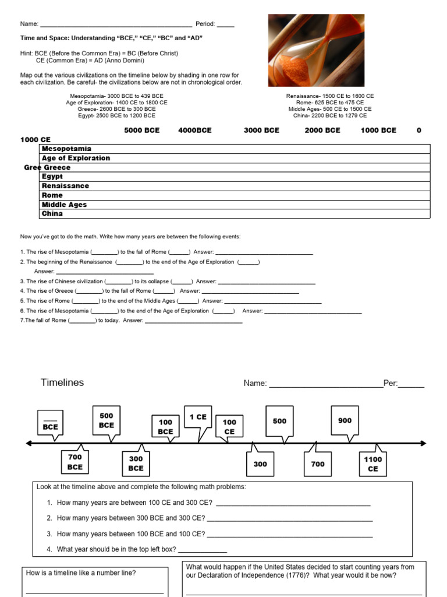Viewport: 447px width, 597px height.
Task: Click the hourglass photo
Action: [316, 50]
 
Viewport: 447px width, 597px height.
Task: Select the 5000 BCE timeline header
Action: [141, 130]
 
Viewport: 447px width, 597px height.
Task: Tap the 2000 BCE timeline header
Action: [322, 130]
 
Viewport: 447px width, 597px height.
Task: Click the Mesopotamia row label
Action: [66, 149]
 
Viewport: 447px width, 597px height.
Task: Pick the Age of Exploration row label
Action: [76, 158]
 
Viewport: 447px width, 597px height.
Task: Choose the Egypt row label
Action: [52, 177]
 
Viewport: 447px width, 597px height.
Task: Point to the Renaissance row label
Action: [65, 186]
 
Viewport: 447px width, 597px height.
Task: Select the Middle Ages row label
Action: [63, 205]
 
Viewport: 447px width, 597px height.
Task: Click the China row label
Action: [52, 214]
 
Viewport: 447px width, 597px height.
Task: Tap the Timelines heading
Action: [62, 382]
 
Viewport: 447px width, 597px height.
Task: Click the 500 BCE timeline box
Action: [107, 420]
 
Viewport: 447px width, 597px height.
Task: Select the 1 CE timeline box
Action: [198, 417]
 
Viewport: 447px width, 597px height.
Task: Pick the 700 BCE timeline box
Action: [75, 462]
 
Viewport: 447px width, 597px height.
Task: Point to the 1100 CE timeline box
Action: [373, 464]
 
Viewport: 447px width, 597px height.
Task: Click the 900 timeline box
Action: [345, 420]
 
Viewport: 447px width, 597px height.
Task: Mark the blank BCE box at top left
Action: [50, 423]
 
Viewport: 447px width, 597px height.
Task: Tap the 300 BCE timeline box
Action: [136, 463]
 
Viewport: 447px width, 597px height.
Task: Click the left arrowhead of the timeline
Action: [29, 444]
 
